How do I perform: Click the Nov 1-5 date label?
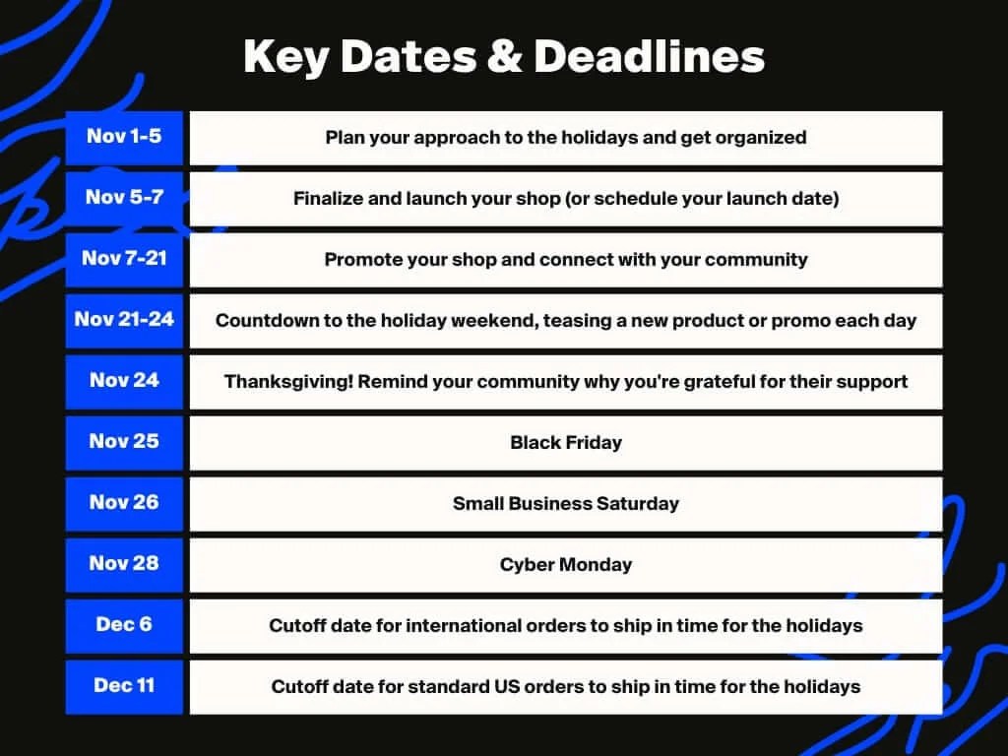tap(124, 136)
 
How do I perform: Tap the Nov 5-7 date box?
tap(124, 197)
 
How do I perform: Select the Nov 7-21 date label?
tap(124, 258)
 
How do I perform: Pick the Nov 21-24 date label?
tap(124, 319)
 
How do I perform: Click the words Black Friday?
tap(566, 443)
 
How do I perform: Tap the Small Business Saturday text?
tap(566, 504)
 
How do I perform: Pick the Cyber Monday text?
tap(566, 565)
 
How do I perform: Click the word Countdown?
tap(260, 321)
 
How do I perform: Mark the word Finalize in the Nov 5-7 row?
tap(328, 199)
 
